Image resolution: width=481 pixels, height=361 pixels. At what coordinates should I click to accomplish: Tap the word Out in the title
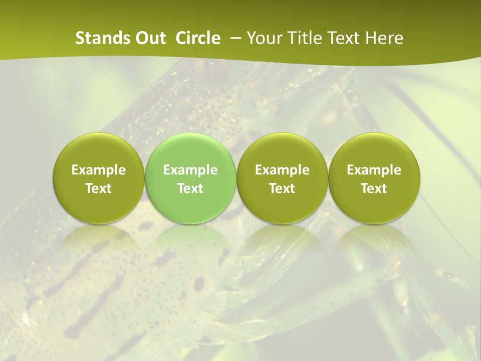point(150,38)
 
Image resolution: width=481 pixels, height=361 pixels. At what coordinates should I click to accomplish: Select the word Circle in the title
point(198,38)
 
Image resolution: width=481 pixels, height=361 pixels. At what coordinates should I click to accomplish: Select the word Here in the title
point(384,38)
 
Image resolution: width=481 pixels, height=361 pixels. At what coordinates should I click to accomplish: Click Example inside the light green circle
point(190,170)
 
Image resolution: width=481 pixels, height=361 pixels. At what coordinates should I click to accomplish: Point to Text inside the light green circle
point(190,189)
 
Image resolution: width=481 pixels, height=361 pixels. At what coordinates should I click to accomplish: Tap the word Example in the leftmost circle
point(99,170)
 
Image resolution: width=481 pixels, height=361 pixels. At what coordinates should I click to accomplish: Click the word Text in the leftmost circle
point(99,189)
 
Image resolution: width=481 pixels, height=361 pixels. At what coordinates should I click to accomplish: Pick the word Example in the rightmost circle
point(374,170)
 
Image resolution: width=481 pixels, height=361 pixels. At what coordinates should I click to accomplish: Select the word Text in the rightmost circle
point(374,189)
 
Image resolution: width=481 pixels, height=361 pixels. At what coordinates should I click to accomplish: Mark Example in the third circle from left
point(282,170)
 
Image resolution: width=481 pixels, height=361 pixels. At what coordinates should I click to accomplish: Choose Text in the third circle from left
point(282,189)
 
